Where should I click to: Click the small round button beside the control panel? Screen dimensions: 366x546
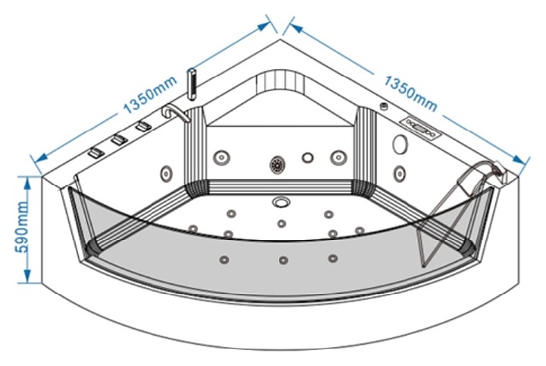[384, 106]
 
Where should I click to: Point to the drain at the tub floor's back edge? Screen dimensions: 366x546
[281, 201]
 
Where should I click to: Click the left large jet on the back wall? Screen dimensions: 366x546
[221, 158]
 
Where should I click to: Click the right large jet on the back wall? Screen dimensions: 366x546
[337, 158]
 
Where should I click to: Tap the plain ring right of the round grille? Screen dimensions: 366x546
[307, 158]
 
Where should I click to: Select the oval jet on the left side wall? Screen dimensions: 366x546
[165, 172]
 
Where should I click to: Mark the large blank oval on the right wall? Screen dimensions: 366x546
[400, 144]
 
